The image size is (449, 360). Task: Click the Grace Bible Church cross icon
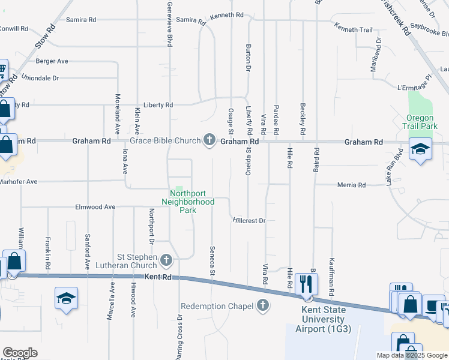[x=209, y=141]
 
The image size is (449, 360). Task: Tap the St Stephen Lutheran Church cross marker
[x=166, y=260]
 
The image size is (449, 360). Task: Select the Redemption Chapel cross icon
[x=262, y=306]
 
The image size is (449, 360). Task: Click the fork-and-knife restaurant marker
[x=307, y=283]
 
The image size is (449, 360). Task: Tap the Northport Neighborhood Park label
[x=192, y=197]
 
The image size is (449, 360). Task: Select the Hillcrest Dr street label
[x=249, y=221]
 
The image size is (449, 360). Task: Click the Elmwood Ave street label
[x=95, y=207]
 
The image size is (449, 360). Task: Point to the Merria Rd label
[x=354, y=185]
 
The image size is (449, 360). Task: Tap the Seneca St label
[x=212, y=261]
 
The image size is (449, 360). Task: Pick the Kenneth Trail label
[x=354, y=29]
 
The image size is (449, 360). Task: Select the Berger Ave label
[x=52, y=61]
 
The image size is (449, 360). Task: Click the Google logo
[x=20, y=353]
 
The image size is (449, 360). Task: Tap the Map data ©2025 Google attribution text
[x=411, y=355]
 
